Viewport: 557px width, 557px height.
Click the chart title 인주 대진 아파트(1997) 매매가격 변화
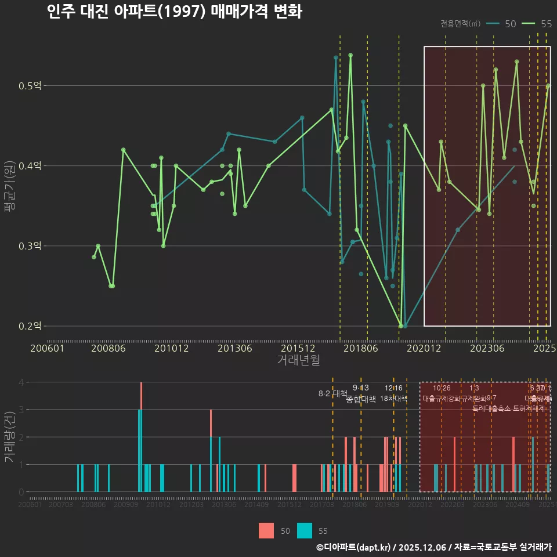(174, 12)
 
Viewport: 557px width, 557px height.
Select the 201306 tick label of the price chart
(235, 349)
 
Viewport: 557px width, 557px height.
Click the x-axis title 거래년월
(298, 360)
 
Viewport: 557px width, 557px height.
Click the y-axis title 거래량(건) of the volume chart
(9, 437)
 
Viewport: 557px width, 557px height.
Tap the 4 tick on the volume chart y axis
(21, 382)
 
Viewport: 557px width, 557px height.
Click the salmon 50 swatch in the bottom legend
(266, 530)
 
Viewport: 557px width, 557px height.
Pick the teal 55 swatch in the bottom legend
(305, 530)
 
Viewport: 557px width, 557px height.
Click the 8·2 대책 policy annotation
(332, 393)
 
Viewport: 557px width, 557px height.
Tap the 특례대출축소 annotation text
(491, 408)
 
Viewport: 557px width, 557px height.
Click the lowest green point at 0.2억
(401, 326)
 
